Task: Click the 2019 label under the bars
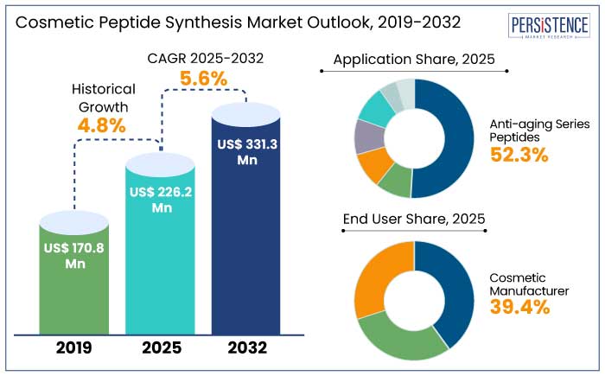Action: [75, 349]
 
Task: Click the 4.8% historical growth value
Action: [102, 124]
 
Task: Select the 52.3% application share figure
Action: [519, 155]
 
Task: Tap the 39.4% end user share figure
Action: [519, 307]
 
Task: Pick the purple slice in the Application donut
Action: [367, 137]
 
